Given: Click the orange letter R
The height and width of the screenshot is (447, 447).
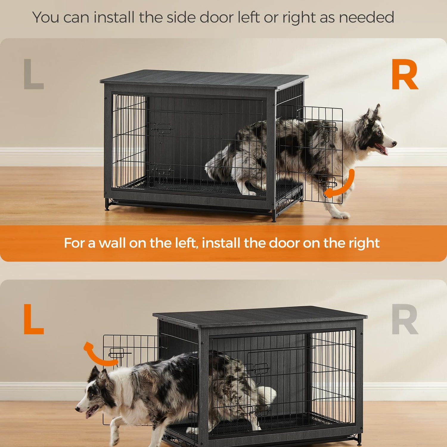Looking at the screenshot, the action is [x=405, y=74].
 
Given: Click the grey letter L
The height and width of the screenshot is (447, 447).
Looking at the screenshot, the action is [x=33, y=74].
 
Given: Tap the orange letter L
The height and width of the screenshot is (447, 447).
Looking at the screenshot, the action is [x=33, y=319].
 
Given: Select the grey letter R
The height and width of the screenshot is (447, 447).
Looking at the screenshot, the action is [x=405, y=319].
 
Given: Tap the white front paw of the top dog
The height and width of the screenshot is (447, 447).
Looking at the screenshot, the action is [x=341, y=215].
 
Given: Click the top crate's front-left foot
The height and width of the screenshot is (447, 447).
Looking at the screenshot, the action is [x=107, y=206].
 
